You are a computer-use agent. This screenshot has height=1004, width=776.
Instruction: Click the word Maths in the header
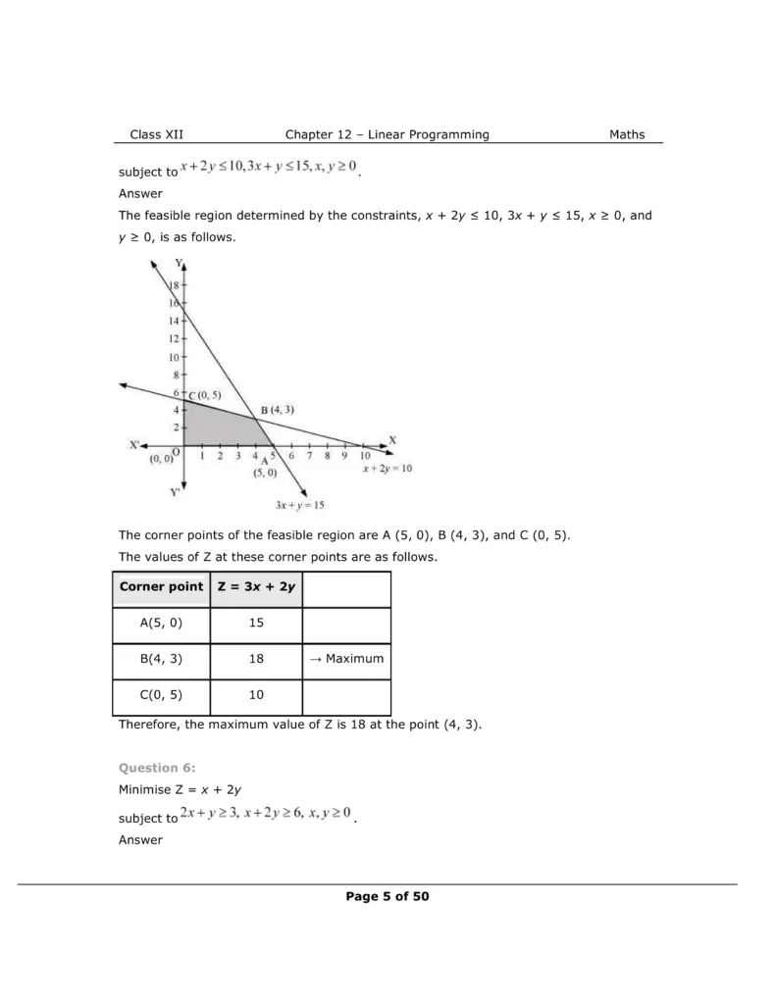point(627,134)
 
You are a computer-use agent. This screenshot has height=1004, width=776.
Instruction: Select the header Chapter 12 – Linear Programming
point(387,134)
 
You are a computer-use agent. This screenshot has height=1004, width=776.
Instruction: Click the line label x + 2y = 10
point(387,469)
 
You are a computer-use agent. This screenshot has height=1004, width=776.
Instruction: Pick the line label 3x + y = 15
point(300,506)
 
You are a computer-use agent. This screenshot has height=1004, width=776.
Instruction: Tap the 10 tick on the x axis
point(364,456)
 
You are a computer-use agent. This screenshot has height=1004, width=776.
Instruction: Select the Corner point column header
point(161,587)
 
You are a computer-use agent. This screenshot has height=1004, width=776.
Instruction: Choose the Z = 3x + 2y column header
point(257,587)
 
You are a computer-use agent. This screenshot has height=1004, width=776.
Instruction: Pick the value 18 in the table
point(257,659)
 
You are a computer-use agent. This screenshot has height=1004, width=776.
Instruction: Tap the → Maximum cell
point(345,659)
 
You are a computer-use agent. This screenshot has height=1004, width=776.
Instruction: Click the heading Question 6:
point(150,767)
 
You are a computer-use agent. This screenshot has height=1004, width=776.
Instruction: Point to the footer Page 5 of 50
point(387,896)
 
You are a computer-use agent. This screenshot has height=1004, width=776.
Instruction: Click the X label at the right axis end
point(392,439)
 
